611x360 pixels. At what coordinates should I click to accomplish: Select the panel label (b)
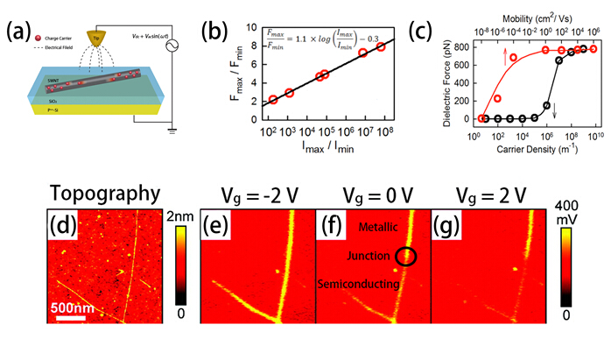216,32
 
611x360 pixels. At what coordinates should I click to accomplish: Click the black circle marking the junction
405,257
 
